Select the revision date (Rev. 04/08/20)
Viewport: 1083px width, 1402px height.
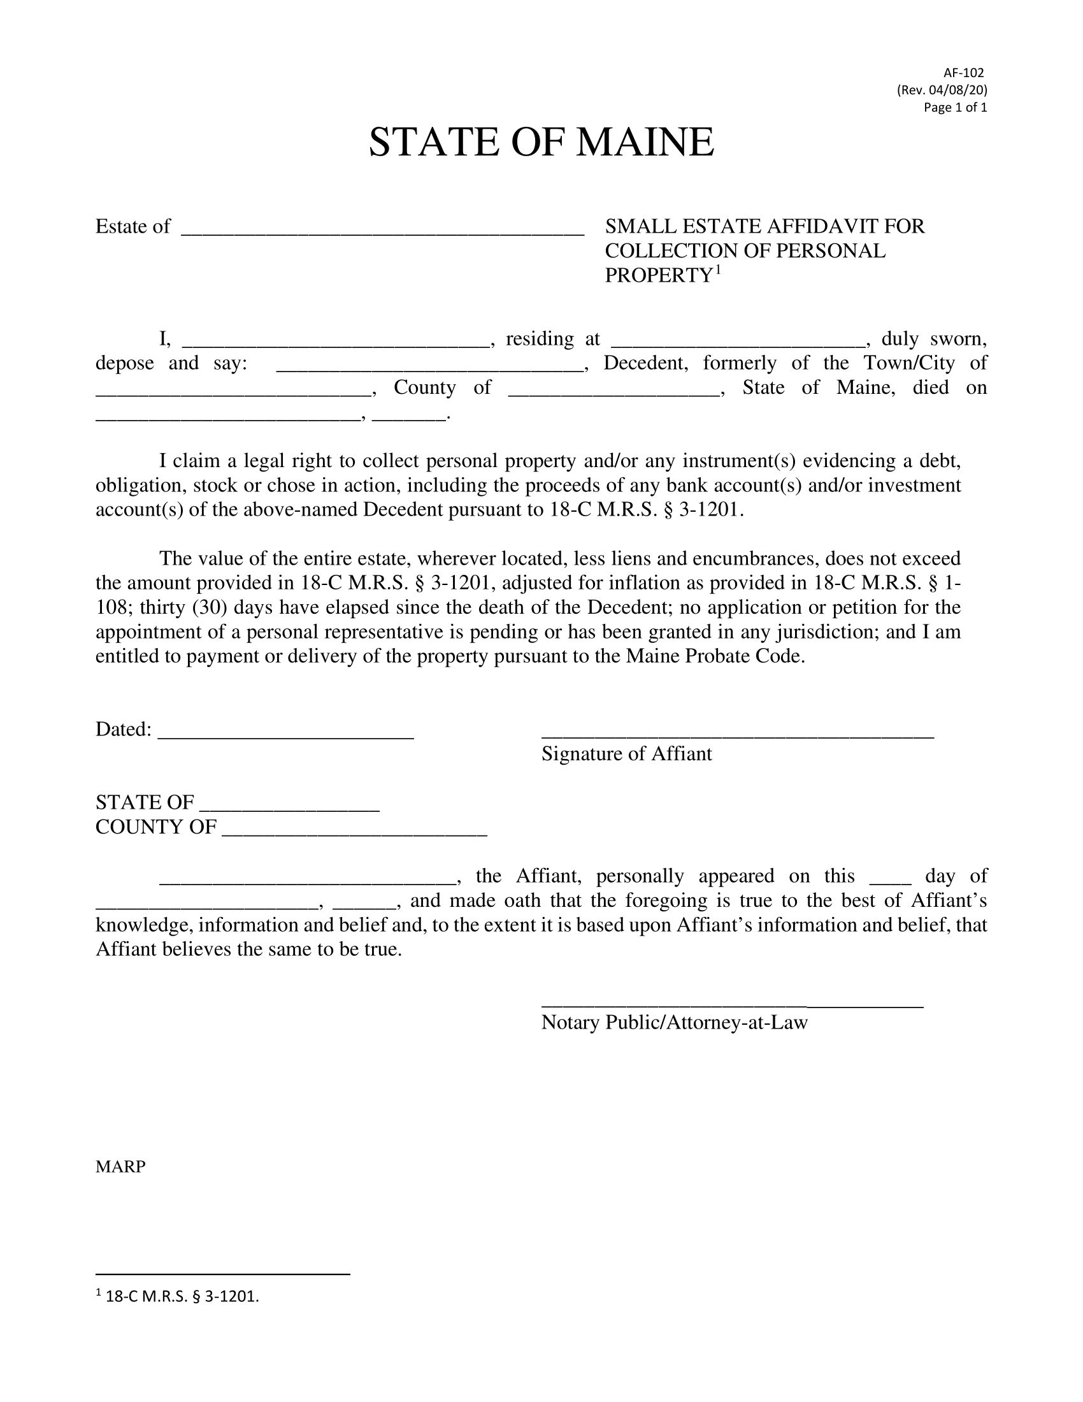pos(942,90)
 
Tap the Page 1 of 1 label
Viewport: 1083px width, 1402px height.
pos(955,107)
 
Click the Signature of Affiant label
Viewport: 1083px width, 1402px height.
pos(626,754)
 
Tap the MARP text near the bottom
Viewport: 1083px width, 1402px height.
pos(120,1166)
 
